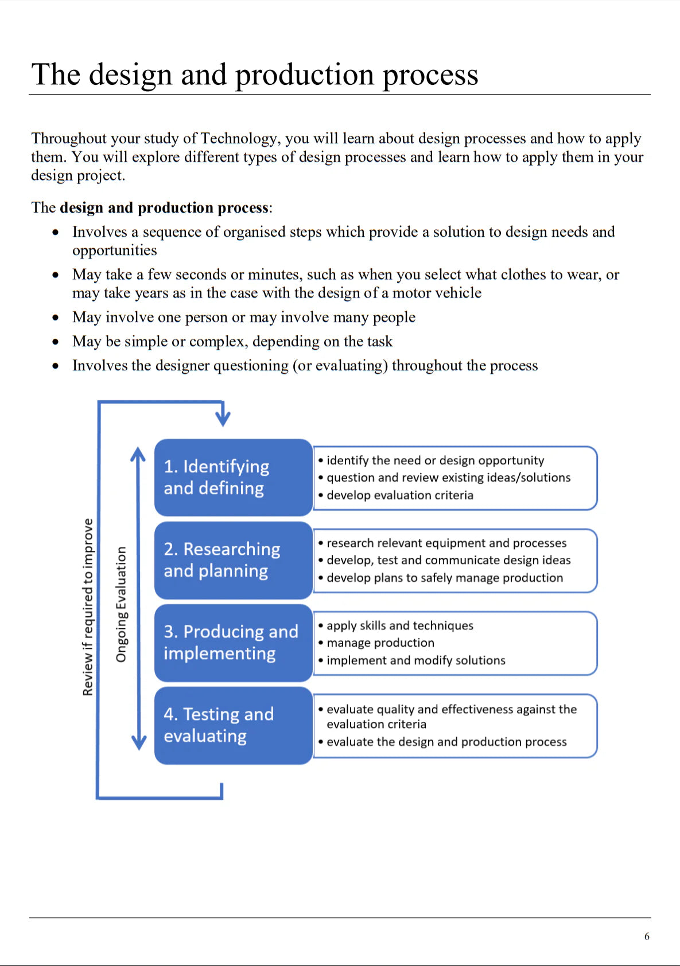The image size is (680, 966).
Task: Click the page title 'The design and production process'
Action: (255, 75)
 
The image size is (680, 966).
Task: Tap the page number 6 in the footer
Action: (647, 936)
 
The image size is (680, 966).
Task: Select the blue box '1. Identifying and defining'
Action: (233, 477)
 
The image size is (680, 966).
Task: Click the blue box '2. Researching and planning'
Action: (233, 560)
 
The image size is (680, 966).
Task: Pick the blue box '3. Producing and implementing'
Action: (233, 642)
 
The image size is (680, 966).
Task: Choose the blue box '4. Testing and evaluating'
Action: (233, 725)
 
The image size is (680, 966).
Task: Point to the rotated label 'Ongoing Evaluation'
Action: (121, 604)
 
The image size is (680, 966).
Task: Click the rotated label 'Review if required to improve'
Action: (88, 607)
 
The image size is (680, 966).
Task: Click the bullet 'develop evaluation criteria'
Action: (400, 495)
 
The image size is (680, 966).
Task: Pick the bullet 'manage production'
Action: (380, 643)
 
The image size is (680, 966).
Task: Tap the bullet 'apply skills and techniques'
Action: (400, 625)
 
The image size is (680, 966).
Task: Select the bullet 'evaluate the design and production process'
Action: (446, 742)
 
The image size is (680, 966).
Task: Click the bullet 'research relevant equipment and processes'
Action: (446, 543)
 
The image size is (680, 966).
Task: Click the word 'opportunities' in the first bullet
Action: (114, 251)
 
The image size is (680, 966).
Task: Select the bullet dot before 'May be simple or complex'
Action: (56, 342)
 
